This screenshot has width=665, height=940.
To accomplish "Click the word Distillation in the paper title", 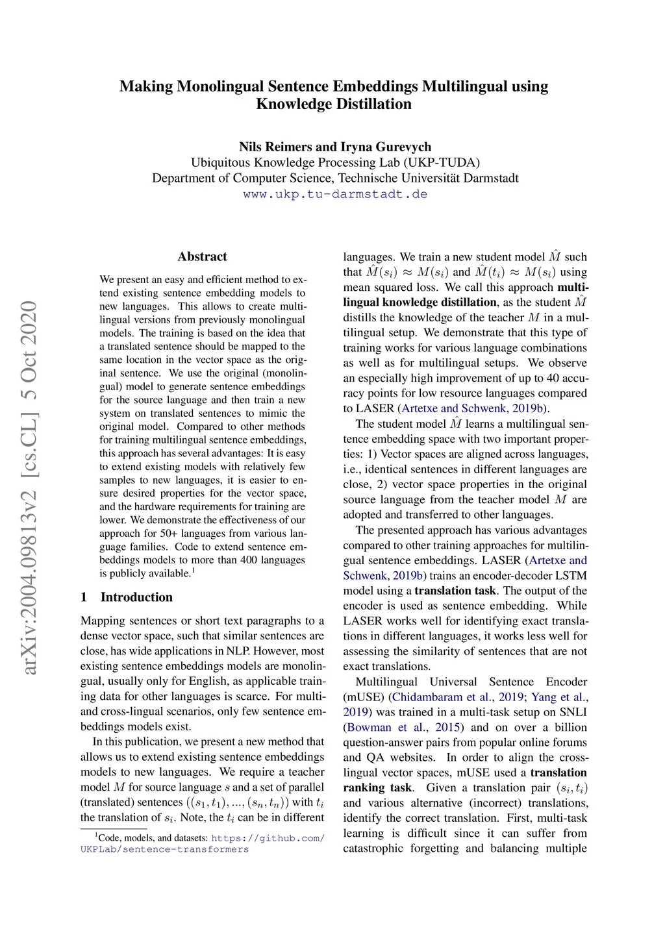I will coord(371,104).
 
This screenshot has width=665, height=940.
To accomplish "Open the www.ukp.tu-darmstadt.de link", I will coord(335,194).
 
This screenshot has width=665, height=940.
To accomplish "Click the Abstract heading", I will coord(202,256).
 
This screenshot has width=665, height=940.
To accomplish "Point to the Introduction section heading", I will coord(136,597).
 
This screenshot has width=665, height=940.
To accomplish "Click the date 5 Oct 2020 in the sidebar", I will coord(29,351).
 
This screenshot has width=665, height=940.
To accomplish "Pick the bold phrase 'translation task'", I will coord(455,591).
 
